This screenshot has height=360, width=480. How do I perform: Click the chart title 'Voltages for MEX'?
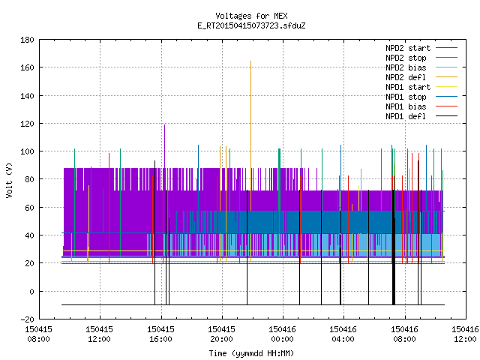251,16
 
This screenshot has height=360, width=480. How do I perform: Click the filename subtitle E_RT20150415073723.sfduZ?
251,25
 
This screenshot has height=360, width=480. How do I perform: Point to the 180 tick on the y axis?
27,40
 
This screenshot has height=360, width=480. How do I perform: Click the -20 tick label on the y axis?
27,319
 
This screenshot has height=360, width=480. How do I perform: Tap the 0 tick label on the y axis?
31,292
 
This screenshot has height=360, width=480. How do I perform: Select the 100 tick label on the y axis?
27,151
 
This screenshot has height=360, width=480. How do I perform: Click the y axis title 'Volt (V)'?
9,180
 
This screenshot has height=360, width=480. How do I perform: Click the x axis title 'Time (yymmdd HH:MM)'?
251,353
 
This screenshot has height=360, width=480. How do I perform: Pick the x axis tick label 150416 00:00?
282,334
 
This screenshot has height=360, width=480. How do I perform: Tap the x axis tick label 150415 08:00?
38,334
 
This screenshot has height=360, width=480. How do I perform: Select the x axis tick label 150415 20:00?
222,334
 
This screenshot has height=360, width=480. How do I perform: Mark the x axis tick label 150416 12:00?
465,334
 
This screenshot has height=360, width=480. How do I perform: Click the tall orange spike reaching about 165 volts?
251,160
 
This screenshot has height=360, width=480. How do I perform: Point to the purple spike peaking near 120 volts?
165,146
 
